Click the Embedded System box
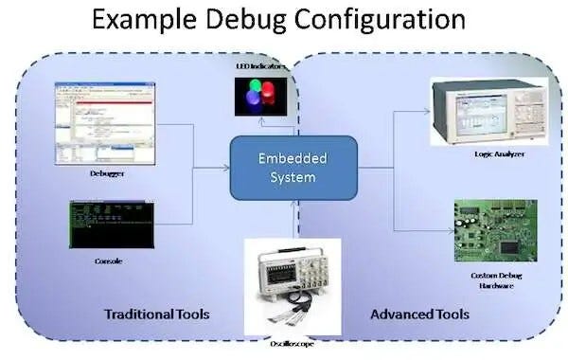click(x=293, y=168)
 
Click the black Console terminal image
click(x=107, y=225)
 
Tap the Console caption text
click(x=110, y=261)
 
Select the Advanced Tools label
click(x=419, y=315)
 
